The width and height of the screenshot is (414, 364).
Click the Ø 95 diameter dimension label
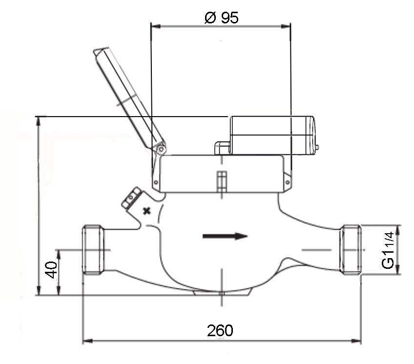coord(221,18)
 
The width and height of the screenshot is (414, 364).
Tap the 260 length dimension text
coord(220,330)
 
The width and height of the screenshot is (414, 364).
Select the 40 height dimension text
coord(51,270)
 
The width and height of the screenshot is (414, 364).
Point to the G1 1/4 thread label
coord(388,250)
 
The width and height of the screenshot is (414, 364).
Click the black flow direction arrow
coord(225,236)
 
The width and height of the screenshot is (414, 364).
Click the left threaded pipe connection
coord(93,250)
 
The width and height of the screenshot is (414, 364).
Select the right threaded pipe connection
coord(351,250)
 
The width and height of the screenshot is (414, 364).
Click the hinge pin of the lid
coord(161,150)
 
